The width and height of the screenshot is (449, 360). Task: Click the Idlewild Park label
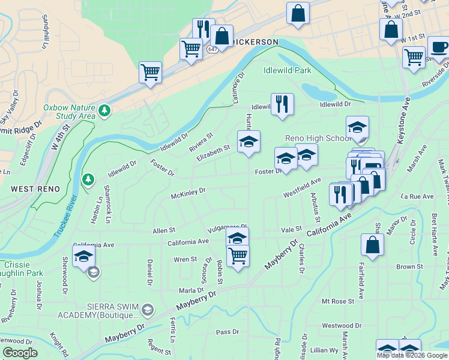point(287,70)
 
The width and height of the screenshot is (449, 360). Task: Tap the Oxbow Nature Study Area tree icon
point(105,110)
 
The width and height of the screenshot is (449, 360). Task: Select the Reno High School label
point(318,139)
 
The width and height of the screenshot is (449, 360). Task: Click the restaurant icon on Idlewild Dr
point(282,104)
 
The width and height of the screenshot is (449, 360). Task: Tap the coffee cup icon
point(438,47)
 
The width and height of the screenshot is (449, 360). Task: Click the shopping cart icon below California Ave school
point(238,256)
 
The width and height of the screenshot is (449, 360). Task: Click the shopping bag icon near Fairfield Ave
point(373,244)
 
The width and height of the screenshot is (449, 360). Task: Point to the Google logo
point(20,353)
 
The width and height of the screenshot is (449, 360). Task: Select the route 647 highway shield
point(212,49)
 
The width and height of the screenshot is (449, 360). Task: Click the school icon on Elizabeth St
point(249,142)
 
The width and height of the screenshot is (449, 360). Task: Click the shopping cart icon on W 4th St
point(150,72)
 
